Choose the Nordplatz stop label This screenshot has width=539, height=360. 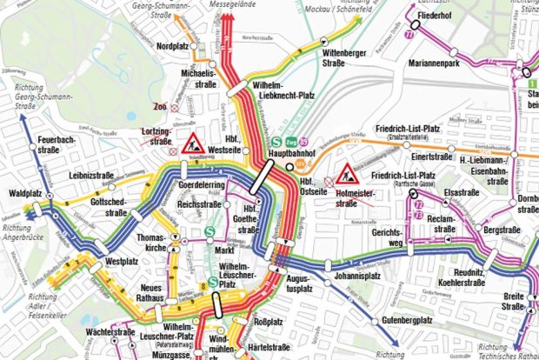point(174,45)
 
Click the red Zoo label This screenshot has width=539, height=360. point(159,107)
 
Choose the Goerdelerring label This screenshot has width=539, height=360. point(203,186)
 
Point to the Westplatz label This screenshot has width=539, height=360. point(123,260)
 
